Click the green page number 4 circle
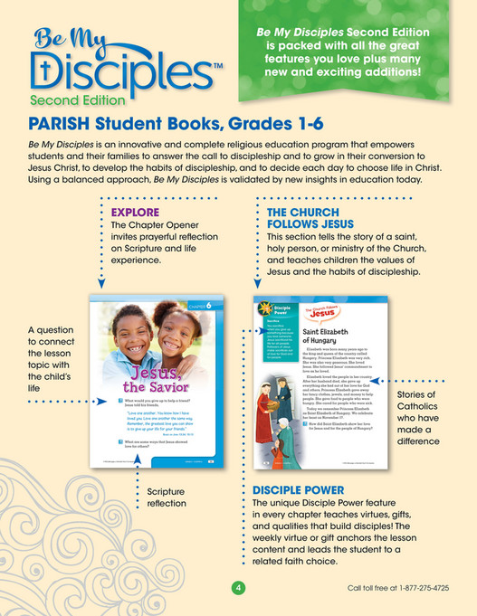click(x=239, y=588)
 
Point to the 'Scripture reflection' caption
click(x=165, y=498)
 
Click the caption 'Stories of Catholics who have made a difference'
click(x=417, y=418)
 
